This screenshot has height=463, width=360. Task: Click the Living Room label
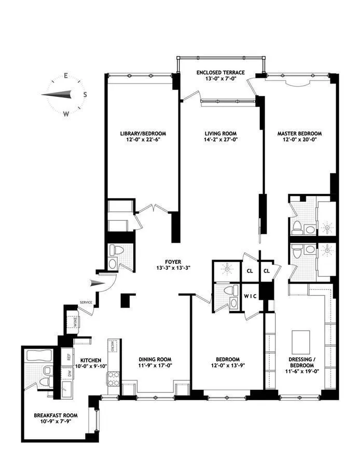point(220,133)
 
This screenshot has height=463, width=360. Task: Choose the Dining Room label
point(155,359)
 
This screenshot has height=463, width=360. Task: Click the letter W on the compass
point(66,114)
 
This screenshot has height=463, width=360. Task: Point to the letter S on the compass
point(85,95)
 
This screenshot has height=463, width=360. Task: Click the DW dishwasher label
point(68,373)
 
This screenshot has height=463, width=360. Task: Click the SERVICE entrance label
point(86,302)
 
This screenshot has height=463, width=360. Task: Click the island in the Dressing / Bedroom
point(300,342)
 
